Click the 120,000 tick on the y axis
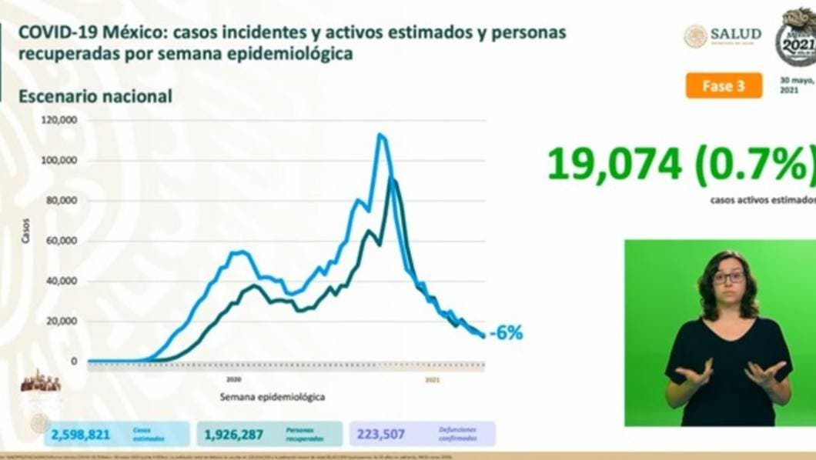[x=61, y=121]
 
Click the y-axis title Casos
[x=26, y=231]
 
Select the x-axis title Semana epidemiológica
[x=272, y=397]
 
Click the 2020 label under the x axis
[x=235, y=380]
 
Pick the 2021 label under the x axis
[x=433, y=380]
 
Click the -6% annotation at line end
[x=508, y=333]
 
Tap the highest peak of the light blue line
[x=380, y=135]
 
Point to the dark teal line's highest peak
[x=392, y=178]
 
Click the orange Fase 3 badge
[x=724, y=85]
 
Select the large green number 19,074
[x=614, y=164]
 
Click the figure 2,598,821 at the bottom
[x=81, y=435]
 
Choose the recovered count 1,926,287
[x=233, y=435]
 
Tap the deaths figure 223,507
[x=381, y=435]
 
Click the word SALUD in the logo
[x=735, y=35]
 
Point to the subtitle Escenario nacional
[x=95, y=96]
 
